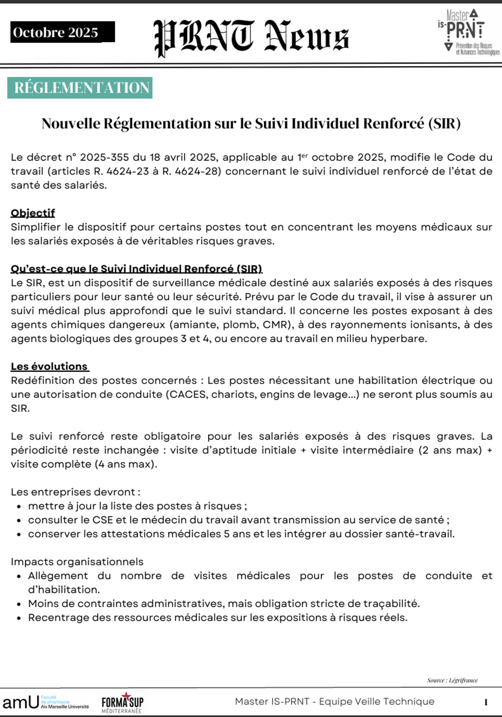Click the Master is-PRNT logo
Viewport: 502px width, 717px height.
click(468, 32)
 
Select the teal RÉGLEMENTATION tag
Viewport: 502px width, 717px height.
click(80, 88)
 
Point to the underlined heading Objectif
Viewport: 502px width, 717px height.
click(33, 213)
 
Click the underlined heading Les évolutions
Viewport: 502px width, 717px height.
click(49, 366)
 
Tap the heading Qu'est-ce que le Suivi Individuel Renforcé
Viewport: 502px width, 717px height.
click(136, 269)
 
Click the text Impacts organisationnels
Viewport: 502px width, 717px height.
click(77, 562)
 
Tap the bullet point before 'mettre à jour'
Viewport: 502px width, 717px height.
click(19, 507)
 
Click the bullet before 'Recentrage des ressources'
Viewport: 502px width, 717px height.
click(19, 618)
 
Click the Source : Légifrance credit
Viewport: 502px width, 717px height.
click(452, 680)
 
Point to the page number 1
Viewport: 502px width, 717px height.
click(486, 702)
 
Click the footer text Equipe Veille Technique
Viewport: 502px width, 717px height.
click(376, 702)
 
